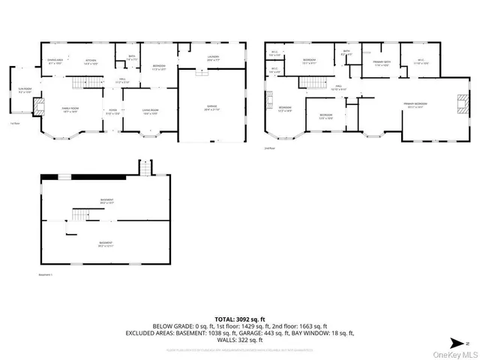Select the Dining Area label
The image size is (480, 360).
click(x=55, y=61)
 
